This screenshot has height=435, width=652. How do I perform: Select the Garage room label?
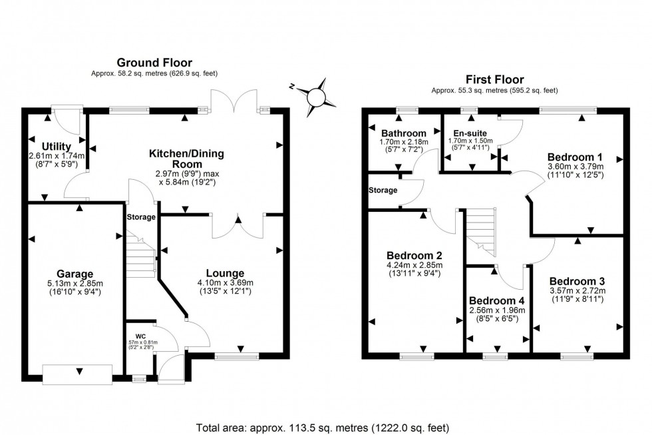coord(75,273)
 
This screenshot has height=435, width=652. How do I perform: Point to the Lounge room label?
coord(225,272)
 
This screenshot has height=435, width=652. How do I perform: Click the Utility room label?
coord(57,146)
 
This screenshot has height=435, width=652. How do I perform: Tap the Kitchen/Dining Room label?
coord(186,159)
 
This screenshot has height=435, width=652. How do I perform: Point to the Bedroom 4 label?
coord(496,300)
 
